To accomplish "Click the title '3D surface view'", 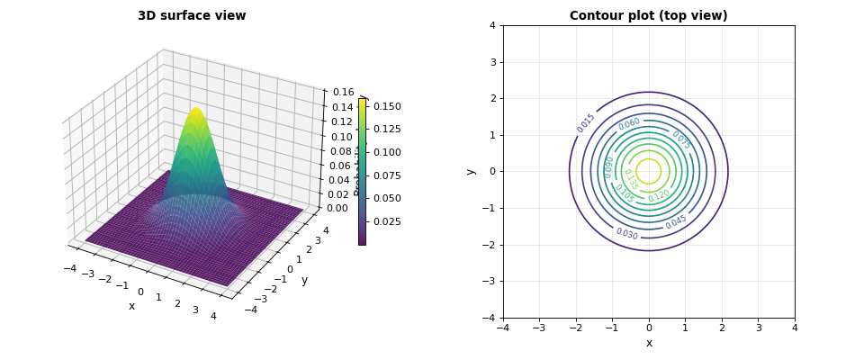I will (x=192, y=16).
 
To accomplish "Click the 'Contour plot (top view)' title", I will (x=648, y=16).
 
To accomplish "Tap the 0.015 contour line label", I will (x=586, y=123).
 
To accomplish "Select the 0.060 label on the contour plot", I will (x=629, y=124).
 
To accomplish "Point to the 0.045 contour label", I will (x=676, y=221).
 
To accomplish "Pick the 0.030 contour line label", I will (x=626, y=234).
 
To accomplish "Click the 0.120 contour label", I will (x=659, y=195).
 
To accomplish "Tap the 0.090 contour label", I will (x=609, y=166).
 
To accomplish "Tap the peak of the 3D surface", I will (x=195, y=109).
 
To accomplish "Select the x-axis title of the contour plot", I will (x=648, y=343).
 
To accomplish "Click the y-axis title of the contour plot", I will (x=471, y=171).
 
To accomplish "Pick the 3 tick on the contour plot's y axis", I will (x=492, y=62).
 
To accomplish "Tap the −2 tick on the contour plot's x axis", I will (x=574, y=328).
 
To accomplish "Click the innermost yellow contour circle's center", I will (x=648, y=171).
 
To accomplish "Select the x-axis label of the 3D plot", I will (x=131, y=306).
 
